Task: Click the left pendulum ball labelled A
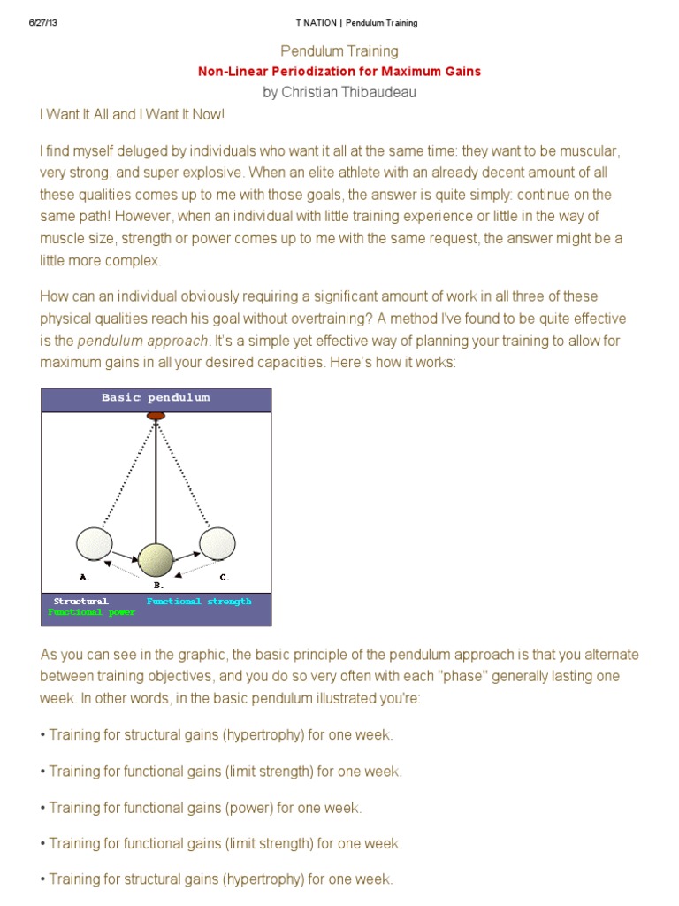(x=95, y=543)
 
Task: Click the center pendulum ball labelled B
(x=156, y=560)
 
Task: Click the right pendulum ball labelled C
(x=217, y=543)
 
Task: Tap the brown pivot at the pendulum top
(x=156, y=415)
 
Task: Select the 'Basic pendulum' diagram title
(x=156, y=398)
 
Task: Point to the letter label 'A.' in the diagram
(x=85, y=577)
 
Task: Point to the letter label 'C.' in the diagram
(x=225, y=577)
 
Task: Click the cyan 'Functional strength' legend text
(x=199, y=602)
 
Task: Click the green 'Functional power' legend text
(x=92, y=612)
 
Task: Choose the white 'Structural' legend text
(x=80, y=602)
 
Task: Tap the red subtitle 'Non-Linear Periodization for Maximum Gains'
(x=339, y=71)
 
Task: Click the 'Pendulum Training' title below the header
(x=339, y=51)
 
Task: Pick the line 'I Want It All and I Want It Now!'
(x=131, y=115)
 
